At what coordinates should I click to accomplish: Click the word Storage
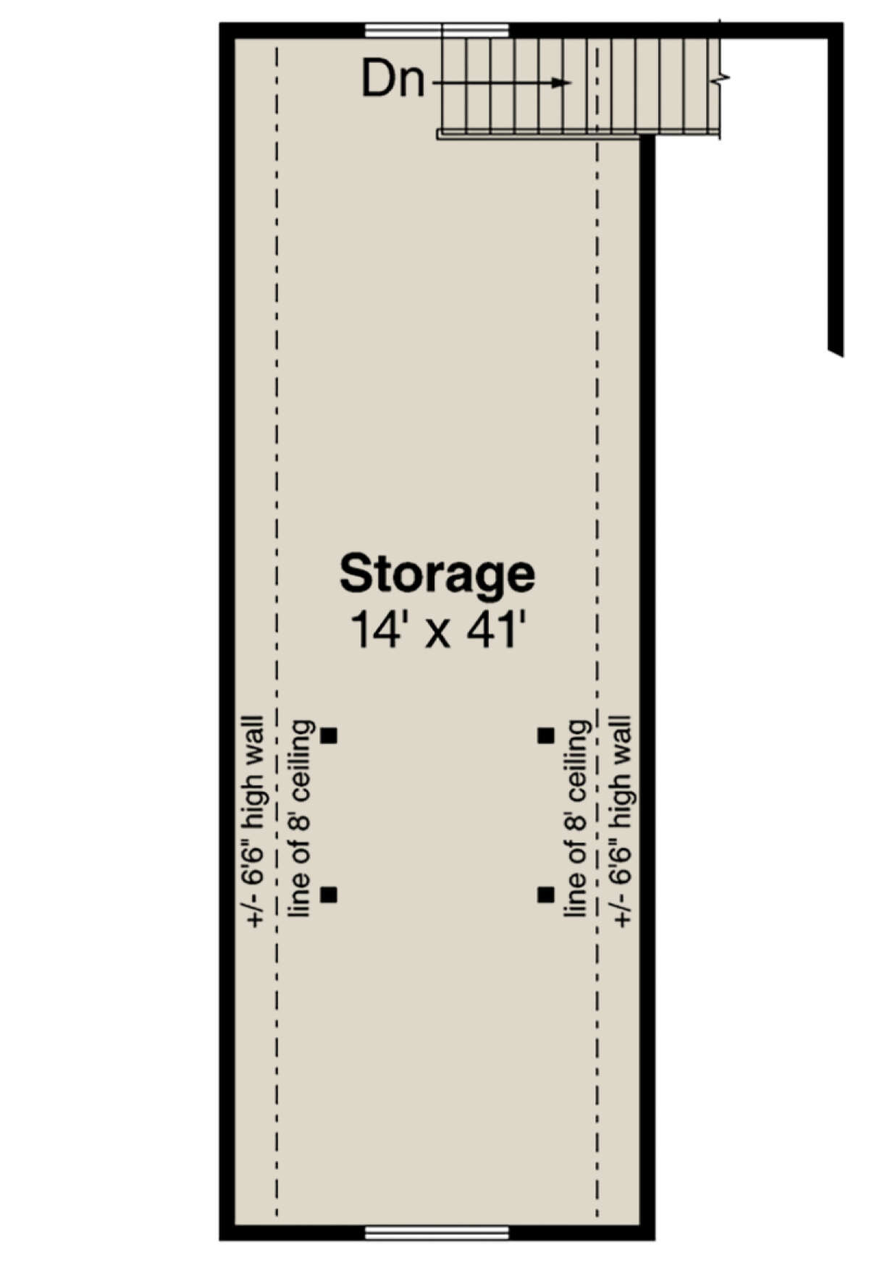[437, 574]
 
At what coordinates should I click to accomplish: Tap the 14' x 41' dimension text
[437, 630]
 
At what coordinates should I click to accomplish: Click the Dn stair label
[392, 80]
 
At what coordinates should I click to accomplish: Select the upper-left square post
[329, 735]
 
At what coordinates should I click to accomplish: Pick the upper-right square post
[545, 735]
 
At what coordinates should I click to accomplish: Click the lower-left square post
[329, 895]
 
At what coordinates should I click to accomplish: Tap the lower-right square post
[545, 895]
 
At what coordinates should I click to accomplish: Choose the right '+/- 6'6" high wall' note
[622, 821]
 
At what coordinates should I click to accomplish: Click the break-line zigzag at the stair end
[723, 76]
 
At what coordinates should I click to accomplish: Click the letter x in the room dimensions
[436, 633]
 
